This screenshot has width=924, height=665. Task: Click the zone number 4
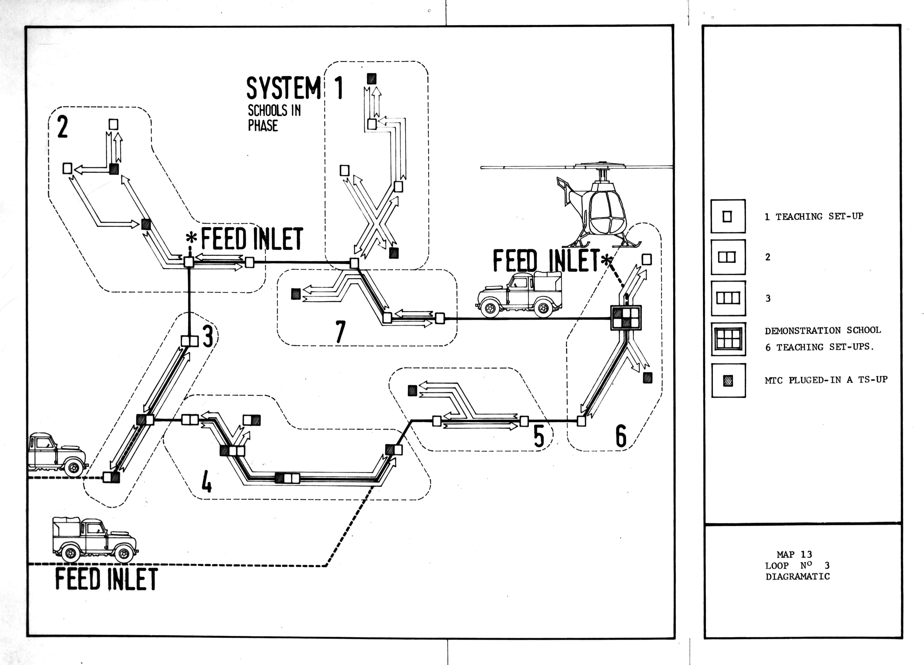click(206, 483)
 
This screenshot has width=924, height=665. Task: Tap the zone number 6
click(621, 436)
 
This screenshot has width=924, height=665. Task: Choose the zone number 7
click(340, 332)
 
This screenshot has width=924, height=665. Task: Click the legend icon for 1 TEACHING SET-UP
click(728, 216)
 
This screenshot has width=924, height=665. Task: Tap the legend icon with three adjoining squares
click(728, 298)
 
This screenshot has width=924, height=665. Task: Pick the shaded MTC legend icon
click(728, 380)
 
